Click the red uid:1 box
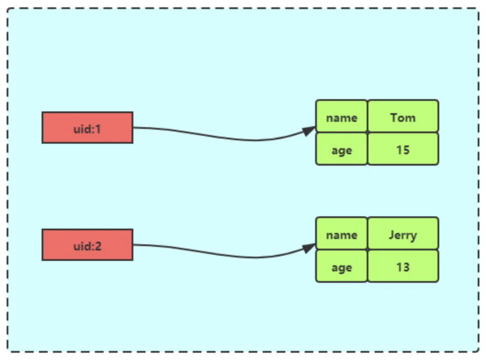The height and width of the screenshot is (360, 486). pos(87,127)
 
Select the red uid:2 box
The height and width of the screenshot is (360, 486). pos(87,245)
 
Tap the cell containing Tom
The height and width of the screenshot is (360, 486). pos(403,117)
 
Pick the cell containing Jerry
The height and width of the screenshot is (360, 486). pos(403,234)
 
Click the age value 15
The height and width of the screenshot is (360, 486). pos(403,149)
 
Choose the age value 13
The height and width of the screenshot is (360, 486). pos(403,266)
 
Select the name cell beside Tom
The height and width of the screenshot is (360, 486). pos(341,117)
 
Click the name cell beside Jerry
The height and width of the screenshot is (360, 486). pos(341,234)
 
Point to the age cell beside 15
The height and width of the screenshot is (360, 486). pos(341,149)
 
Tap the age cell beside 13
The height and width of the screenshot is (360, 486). pos(341,266)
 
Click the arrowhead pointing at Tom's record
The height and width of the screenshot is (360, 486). pos(309,131)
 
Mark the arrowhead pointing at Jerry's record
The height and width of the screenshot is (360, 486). pos(309,248)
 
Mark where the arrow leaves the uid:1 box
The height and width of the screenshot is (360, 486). pos(133,127)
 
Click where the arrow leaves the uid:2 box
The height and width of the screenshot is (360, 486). pos(133,245)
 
